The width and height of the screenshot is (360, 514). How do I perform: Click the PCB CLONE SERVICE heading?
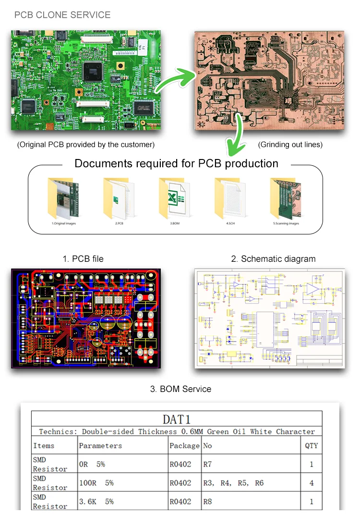[62, 15]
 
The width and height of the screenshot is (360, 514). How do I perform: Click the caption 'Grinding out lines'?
[290, 145]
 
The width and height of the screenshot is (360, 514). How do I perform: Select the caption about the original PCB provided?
[86, 145]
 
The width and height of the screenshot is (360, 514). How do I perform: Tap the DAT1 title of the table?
[177, 419]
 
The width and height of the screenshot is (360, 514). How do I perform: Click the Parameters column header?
[100, 446]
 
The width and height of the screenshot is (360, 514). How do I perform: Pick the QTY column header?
[312, 446]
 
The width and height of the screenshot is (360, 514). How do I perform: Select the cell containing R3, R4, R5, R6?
[233, 483]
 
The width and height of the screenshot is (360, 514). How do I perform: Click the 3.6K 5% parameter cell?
[96, 502]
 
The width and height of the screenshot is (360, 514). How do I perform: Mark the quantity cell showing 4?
[312, 483]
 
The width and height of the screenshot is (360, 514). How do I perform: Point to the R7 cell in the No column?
[208, 465]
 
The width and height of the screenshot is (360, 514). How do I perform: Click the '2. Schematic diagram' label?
[273, 259]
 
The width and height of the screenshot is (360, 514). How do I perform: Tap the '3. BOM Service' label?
[180, 389]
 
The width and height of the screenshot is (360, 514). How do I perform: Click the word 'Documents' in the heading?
[104, 163]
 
